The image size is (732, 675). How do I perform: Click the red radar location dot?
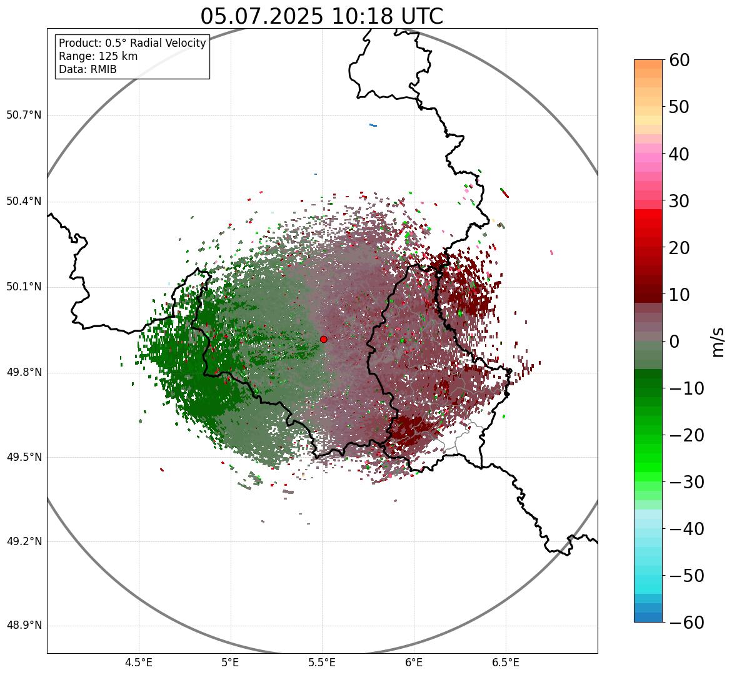coord(323,339)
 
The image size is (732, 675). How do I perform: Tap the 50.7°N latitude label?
coord(24,116)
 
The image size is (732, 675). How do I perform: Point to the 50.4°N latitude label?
coord(24,201)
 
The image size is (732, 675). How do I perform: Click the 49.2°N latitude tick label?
coord(24,541)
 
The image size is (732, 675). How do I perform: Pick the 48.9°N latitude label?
coord(24,626)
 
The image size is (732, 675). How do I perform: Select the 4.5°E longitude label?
coord(139,662)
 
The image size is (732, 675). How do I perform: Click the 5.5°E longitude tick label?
coord(322,662)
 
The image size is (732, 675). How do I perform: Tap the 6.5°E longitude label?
coord(505,662)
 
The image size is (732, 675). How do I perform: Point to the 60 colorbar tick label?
coord(680,60)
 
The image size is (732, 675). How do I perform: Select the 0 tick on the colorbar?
coord(674,342)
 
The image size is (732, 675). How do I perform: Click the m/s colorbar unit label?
coord(718,341)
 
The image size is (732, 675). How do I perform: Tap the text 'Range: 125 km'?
coord(98,56)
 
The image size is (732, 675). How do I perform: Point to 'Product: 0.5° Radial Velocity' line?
coord(132,43)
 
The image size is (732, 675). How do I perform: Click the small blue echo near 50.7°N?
coord(373,125)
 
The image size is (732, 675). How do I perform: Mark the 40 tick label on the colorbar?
coord(680,154)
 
